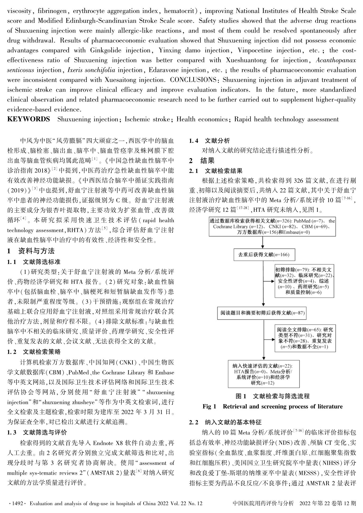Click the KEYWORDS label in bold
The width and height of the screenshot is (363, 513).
(29, 119)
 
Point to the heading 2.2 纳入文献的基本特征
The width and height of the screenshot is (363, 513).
(225, 422)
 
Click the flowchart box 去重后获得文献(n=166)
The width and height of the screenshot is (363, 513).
(264, 255)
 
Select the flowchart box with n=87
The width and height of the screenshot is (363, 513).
(262, 313)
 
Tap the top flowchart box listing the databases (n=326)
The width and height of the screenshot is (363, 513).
(272, 227)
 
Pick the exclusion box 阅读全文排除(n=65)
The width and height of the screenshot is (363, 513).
(305, 338)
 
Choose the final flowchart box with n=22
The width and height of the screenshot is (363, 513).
(263, 374)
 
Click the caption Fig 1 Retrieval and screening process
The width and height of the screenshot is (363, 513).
(272, 406)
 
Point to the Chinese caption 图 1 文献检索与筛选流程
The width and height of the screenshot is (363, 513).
(272, 396)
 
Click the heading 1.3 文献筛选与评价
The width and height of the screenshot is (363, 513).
(37, 432)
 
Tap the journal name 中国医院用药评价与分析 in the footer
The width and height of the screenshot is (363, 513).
(263, 503)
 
